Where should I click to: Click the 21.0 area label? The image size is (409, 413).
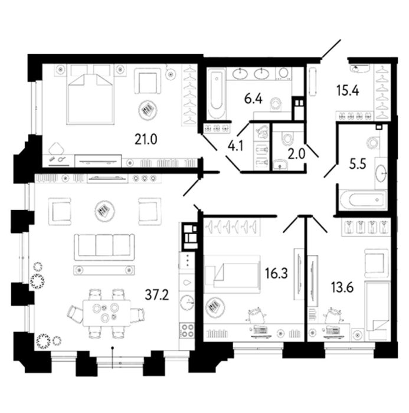(146, 140)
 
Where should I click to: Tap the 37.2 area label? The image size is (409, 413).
(157, 295)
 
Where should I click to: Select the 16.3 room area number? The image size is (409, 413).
(276, 274)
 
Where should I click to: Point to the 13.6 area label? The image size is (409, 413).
(342, 287)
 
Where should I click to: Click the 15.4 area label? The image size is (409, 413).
(348, 90)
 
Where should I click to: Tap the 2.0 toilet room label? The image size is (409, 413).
(296, 154)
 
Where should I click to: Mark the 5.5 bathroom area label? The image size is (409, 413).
(358, 165)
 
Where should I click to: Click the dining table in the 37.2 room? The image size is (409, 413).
(107, 313)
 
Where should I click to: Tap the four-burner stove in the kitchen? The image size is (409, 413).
(187, 330)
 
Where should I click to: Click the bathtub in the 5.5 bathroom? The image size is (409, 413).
(364, 200)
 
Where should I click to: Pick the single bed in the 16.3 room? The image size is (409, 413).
(232, 274)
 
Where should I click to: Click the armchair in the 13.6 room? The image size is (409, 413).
(377, 263)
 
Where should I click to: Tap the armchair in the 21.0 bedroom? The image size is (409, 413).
(148, 81)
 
